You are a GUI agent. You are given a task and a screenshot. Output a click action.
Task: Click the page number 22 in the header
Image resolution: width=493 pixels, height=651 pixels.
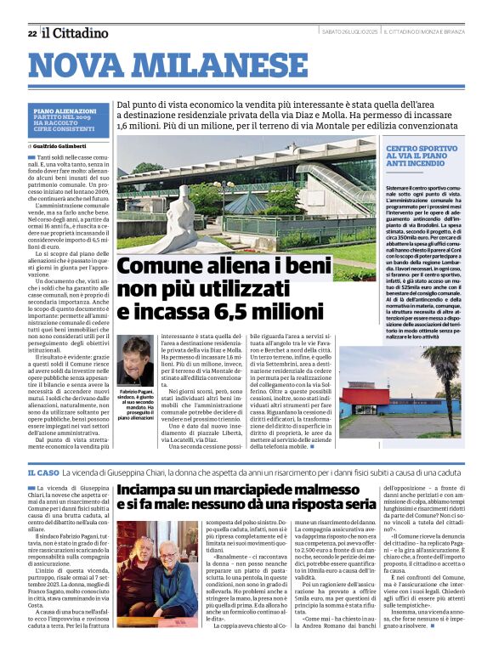pyautogui.click(x=31, y=33)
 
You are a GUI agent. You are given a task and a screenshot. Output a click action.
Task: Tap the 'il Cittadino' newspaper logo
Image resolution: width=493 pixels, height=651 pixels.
pyautogui.click(x=76, y=32)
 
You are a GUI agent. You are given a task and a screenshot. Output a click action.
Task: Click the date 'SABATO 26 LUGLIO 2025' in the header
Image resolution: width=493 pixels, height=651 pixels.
pyautogui.click(x=348, y=32)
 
